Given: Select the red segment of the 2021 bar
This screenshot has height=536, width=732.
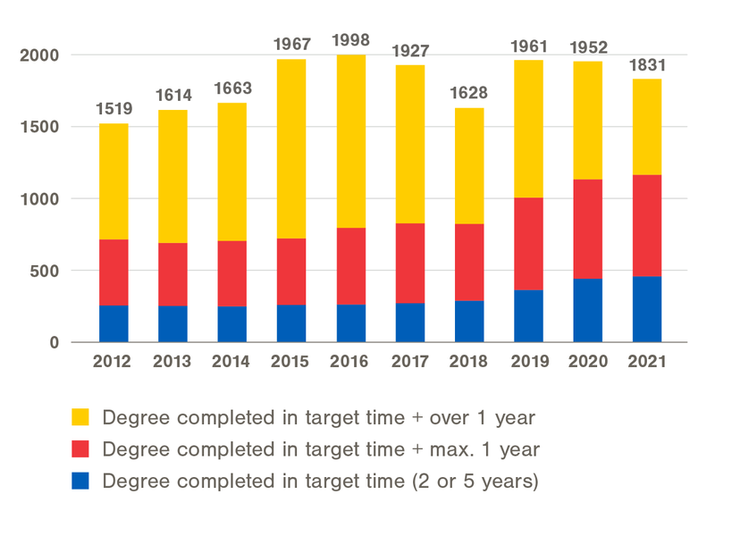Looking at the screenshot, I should (x=646, y=226).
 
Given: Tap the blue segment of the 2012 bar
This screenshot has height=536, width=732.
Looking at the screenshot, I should (x=114, y=323).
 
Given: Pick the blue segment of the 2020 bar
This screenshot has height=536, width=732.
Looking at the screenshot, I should (x=587, y=310).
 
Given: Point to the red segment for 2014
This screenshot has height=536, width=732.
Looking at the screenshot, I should (x=231, y=273).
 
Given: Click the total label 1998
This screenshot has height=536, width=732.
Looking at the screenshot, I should (x=350, y=40).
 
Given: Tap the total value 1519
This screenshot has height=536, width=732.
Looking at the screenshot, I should (x=114, y=109).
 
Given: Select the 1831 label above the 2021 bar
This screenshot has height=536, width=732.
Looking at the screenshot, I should (x=646, y=64).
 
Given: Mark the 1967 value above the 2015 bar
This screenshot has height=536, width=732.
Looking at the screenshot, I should (x=291, y=44).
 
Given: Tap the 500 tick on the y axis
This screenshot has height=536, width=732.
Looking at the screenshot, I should (x=45, y=271).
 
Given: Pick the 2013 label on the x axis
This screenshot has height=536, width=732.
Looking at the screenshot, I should (x=172, y=362).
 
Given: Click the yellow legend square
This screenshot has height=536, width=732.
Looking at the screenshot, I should (x=80, y=417).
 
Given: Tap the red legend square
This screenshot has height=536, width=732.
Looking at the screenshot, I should (x=80, y=449).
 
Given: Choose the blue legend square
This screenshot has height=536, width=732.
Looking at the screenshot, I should (x=80, y=482).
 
